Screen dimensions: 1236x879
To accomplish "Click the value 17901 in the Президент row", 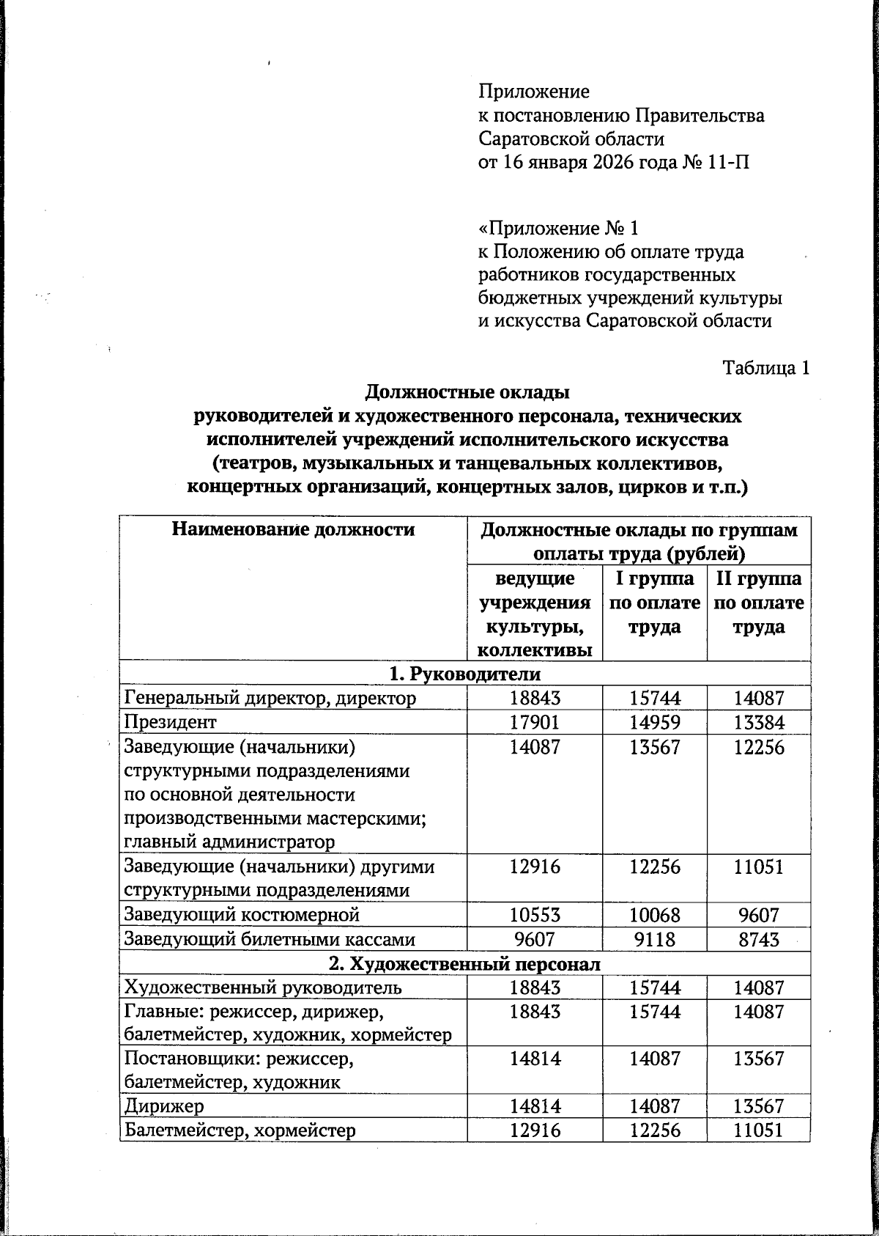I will tap(535, 722).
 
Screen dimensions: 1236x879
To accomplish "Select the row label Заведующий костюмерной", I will tap(242, 914).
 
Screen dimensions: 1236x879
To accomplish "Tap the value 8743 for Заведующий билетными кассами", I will tap(758, 939).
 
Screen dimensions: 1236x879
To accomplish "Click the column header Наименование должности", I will tap(293, 529).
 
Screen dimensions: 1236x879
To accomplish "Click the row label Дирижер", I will tap(164, 1106).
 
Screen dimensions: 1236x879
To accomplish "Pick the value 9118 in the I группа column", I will tap(654, 939).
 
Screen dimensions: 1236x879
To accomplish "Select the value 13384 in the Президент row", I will tap(758, 722).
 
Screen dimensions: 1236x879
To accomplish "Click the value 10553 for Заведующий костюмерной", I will tap(535, 914).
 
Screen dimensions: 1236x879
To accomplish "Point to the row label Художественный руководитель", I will tap(263, 987).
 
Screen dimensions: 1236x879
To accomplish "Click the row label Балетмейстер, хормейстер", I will tap(240, 1130).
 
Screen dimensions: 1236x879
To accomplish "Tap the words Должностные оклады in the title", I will tap(467, 392).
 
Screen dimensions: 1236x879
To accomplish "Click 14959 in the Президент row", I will tap(654, 722).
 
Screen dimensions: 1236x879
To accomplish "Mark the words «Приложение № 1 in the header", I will tap(557, 228).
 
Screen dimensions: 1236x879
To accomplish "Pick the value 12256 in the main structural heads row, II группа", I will tap(758, 747).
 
